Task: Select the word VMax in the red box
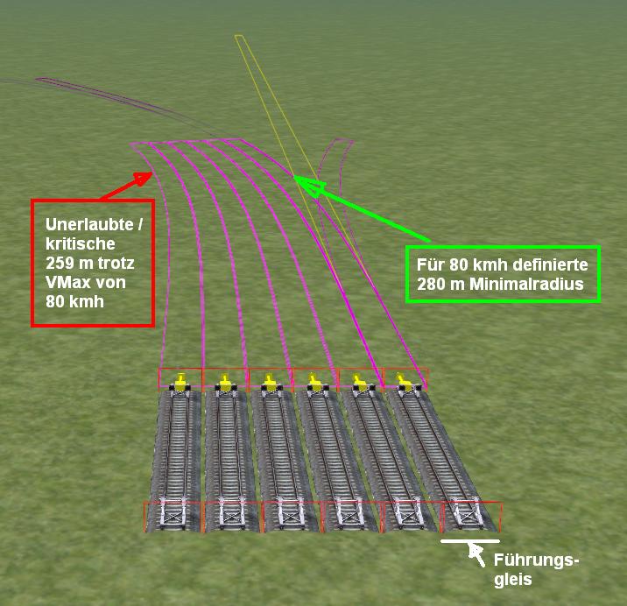click(x=65, y=282)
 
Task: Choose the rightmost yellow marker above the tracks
click(x=404, y=381)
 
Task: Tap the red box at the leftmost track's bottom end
click(x=173, y=517)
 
